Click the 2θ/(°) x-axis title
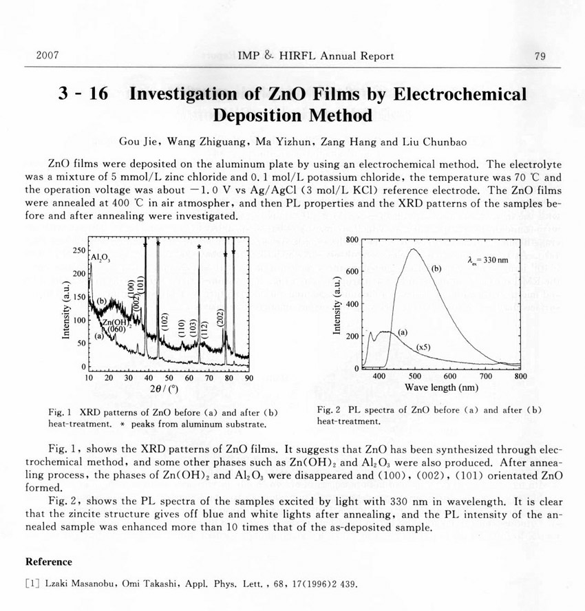(168, 389)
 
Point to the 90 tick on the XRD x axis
(248, 377)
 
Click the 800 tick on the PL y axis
(352, 239)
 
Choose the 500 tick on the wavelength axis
(414, 377)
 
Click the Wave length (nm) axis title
(441, 387)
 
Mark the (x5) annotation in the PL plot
(425, 348)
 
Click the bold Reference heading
(48, 562)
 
